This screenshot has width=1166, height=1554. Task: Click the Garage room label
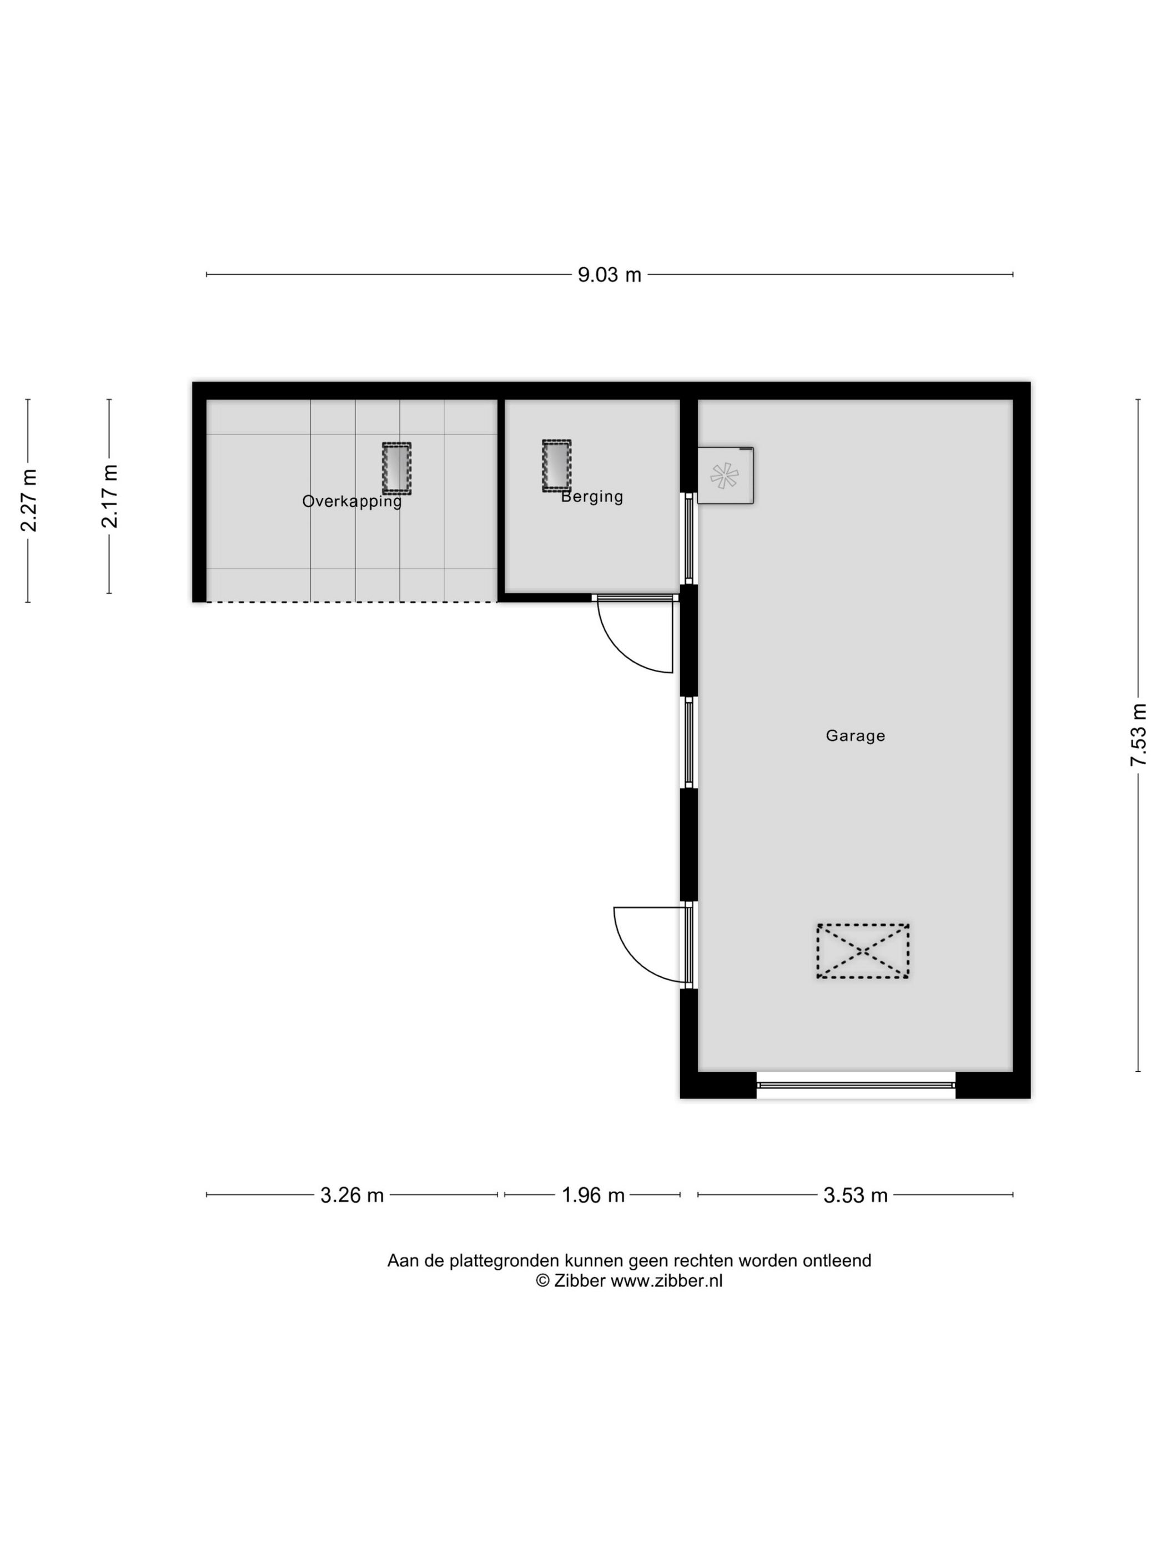855,735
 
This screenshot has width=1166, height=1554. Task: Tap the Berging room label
592,497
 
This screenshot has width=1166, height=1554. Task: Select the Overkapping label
351,501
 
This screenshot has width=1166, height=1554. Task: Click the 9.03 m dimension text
609,275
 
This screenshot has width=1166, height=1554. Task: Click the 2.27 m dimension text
29,500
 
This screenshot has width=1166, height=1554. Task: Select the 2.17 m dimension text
109,496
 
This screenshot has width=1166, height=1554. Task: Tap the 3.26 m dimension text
351,1195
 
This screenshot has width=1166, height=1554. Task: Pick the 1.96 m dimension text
592,1195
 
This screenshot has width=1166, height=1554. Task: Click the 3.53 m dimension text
855,1195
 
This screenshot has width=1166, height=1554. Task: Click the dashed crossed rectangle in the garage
862,951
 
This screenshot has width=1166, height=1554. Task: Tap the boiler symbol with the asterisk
725,476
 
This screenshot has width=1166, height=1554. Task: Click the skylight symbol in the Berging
556,465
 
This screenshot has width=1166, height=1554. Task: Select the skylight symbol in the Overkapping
396,467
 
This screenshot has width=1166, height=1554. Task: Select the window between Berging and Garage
689,539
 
